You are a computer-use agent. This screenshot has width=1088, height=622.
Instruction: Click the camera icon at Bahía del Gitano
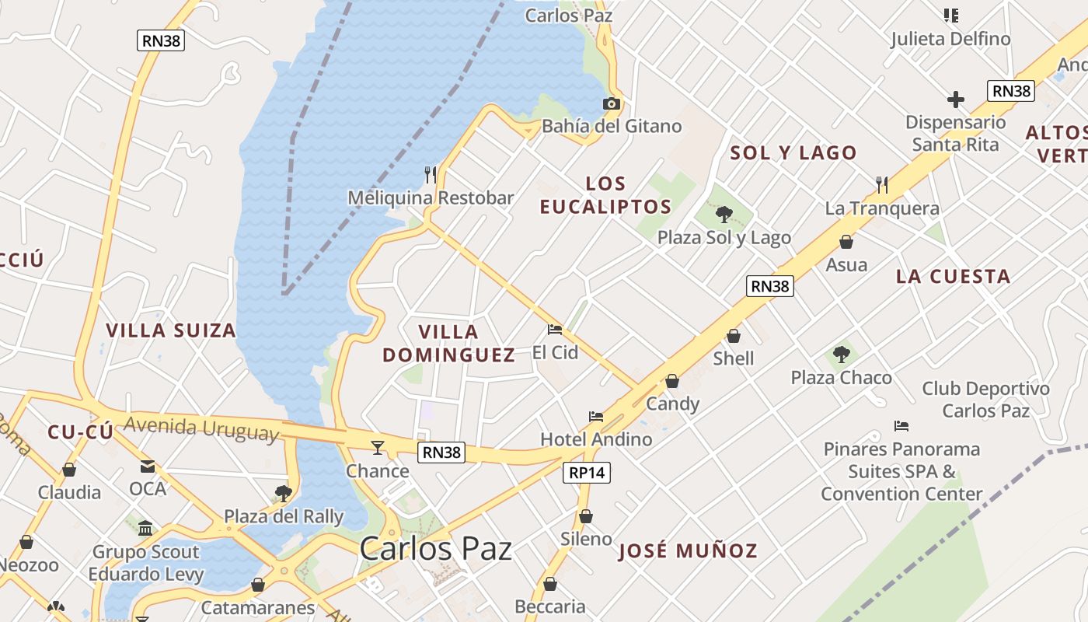pos(612,103)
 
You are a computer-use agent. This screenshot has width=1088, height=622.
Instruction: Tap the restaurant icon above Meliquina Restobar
pos(431,175)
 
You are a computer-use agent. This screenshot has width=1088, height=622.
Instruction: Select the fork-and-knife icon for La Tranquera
pos(882,185)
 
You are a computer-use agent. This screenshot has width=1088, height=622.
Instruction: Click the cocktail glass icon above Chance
pos(378,447)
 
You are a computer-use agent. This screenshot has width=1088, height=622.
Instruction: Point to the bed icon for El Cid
pos(555,330)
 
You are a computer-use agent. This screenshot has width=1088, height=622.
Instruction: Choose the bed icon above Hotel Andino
pos(596,417)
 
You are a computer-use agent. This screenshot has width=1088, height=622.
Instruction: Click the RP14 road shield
pos(587,472)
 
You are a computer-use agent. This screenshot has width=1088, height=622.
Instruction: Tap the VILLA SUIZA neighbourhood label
pos(171,330)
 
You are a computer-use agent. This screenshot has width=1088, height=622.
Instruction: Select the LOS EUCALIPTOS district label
pos(605,195)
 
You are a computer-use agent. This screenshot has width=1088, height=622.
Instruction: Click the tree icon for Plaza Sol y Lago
pos(724,214)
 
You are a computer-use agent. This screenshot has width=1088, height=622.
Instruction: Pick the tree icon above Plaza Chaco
pos(841,355)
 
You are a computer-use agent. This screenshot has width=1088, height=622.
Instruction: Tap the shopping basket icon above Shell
pos(734,336)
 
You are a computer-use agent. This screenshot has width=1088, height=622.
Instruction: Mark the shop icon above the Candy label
pos(672,381)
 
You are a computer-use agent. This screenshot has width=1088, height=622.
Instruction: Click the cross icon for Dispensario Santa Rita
pos(956,100)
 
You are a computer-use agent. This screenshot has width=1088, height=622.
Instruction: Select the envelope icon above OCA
pos(148,466)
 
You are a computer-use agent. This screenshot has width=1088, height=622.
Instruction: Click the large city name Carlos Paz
pos(435,549)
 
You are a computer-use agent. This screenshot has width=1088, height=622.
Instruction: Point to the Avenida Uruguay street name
pos(201,428)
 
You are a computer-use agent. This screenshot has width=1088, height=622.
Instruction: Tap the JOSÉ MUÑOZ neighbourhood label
pos(688,551)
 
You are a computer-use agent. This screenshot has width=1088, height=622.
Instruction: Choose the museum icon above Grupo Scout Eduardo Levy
pos(145,529)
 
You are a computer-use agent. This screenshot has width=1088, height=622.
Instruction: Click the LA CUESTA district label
pos(953,277)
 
